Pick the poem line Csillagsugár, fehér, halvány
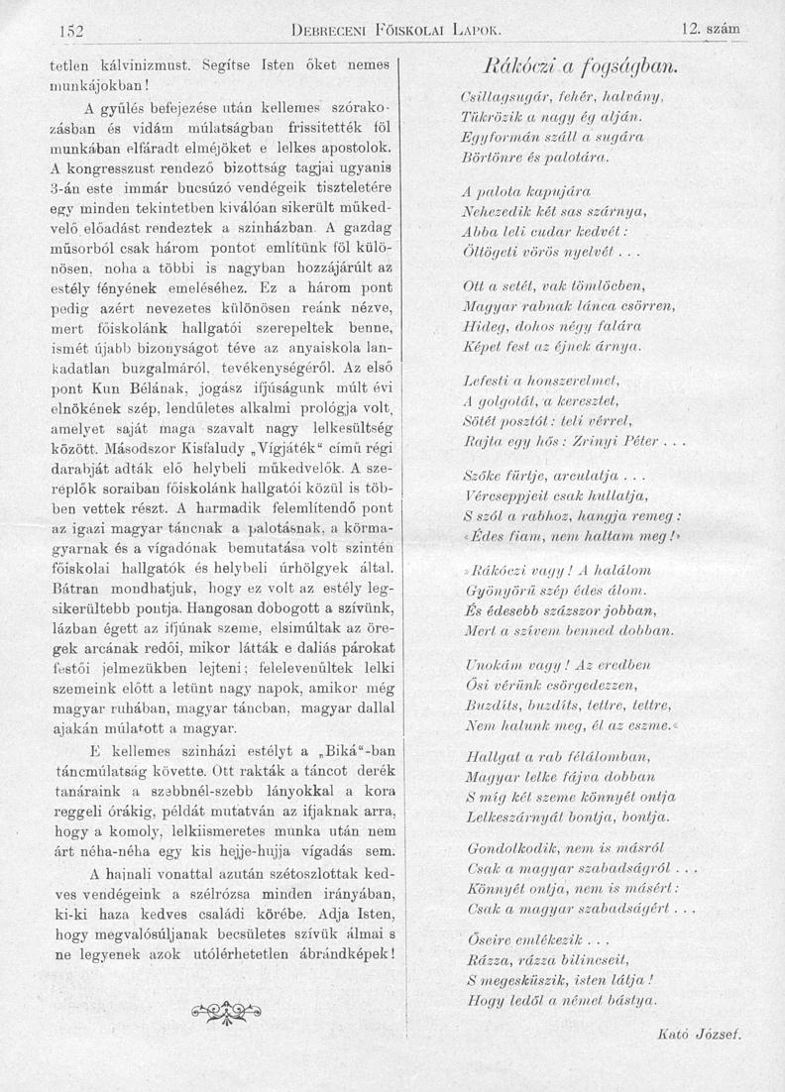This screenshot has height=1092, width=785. coord(561,99)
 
